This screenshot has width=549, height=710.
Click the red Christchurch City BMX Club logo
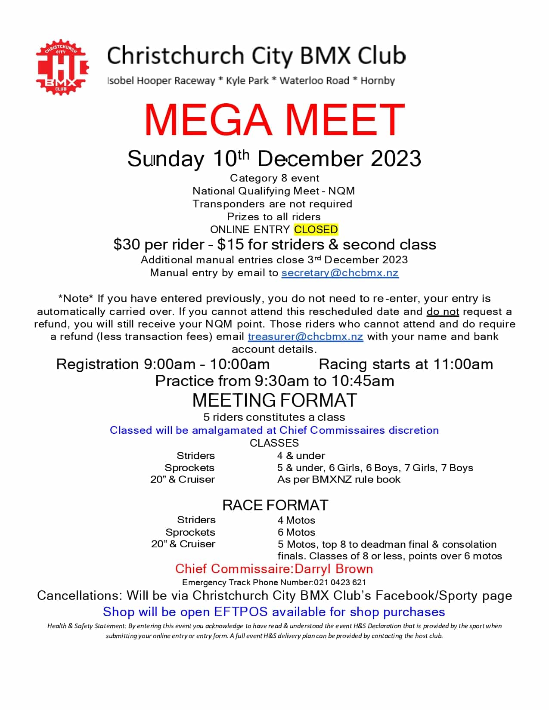(x=62, y=68)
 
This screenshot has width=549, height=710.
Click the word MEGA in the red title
(x=208, y=120)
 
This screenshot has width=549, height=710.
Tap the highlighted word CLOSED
(x=316, y=229)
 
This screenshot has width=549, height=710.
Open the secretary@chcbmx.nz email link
(x=340, y=273)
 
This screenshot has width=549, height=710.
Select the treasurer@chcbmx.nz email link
(x=305, y=336)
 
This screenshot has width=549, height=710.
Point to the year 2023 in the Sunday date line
(x=396, y=159)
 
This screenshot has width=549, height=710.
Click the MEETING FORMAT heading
(x=274, y=401)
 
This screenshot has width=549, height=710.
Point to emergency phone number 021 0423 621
(x=340, y=583)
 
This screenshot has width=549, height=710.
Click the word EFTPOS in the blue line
(x=241, y=612)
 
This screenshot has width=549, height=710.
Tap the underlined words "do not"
(x=443, y=312)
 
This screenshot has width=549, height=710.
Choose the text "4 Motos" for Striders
(x=296, y=520)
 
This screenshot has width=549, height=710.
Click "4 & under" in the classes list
(x=301, y=456)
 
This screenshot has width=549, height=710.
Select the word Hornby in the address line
(x=378, y=81)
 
